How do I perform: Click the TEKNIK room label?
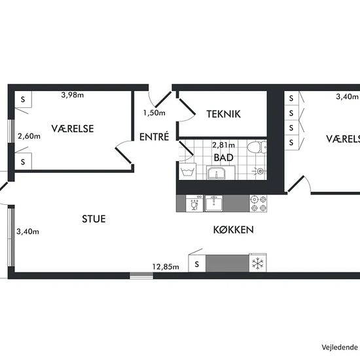coord(223,114)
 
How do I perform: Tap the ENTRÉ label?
coord(154,137)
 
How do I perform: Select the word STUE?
coord(94,219)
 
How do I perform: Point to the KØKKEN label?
coord(234,230)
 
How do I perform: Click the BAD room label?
coord(224,158)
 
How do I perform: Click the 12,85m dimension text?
coord(166,267)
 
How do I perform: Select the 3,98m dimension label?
coord(73,95)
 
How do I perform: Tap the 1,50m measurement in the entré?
coord(154,113)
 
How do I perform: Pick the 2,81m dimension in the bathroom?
coord(223,145)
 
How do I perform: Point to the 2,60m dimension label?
coord(29,136)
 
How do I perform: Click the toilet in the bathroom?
coord(257,147)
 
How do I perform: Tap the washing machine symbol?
coord(188,171)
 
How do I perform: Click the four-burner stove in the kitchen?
coord(258,204)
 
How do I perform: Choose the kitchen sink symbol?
coord(214,204)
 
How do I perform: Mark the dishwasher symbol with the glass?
coord(194,204)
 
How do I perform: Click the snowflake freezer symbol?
coord(258,263)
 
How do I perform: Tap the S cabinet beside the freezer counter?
coord(197,264)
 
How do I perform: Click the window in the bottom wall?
coord(141,276)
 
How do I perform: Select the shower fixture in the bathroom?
coord(260,171)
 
